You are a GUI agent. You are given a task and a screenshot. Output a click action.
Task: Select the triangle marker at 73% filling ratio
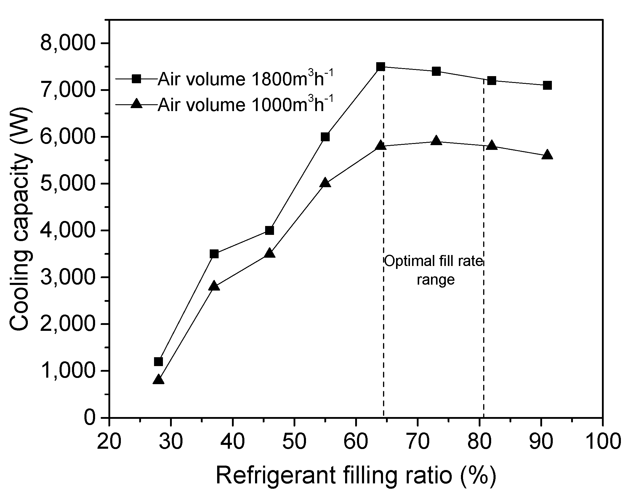pos(436,141)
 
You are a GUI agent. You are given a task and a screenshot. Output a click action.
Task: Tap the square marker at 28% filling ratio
pos(158,361)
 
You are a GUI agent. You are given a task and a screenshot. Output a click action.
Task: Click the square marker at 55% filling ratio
pos(325,137)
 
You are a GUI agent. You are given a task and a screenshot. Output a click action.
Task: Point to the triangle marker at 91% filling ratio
pos(547,155)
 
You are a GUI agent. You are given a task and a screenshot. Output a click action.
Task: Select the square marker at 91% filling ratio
pos(547,85)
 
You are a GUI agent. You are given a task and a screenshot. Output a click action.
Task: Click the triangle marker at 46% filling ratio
pos(270,254)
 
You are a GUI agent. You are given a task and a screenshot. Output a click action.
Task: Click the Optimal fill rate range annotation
pos(434,270)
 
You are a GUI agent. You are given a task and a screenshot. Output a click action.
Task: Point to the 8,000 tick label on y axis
pos(69,43)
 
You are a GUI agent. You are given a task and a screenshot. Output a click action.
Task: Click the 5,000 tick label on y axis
pos(69,184)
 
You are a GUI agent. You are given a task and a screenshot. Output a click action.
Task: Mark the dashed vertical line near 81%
pos(484,326)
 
